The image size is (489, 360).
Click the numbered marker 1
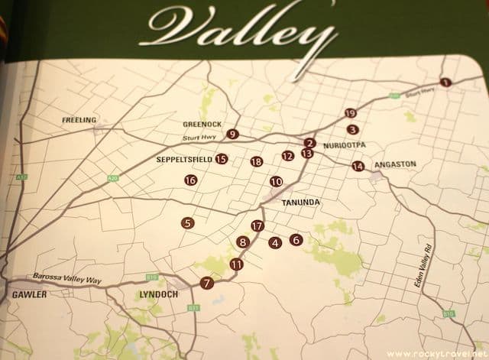pos(445,82)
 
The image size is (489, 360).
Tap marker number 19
pos(351,113)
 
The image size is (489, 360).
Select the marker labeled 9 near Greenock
pos(232,135)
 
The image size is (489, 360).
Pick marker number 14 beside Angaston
pos(358,166)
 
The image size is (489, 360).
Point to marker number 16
pos(190,180)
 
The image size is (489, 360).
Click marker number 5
pos(187,223)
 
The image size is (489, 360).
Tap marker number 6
pos(296,239)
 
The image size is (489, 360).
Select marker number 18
pos(256,161)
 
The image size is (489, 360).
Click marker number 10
pos(276,181)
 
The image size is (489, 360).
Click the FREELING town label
pos(79,120)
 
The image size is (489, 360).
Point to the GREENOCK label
pos(202,124)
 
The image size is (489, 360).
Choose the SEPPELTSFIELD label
pos(183,160)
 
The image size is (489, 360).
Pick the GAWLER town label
pos(27,294)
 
